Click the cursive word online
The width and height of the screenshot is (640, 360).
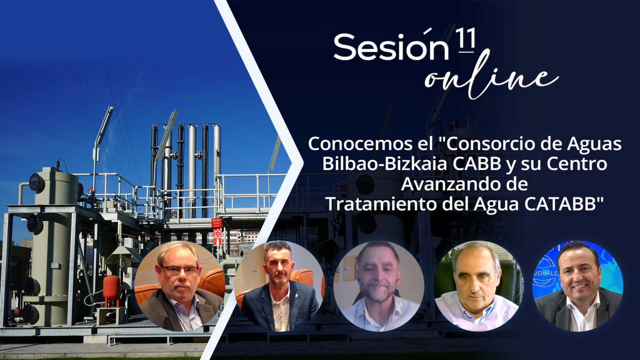(x=491, y=76)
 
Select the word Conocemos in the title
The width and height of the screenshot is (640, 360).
(x=353, y=144)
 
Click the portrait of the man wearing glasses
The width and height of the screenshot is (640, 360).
(x=180, y=286)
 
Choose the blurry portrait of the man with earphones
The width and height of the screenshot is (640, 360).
(x=379, y=286)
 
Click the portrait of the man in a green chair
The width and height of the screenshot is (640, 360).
(x=479, y=286)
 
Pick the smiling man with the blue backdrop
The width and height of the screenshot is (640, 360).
(x=578, y=286)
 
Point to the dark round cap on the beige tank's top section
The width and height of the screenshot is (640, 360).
(x=37, y=182)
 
